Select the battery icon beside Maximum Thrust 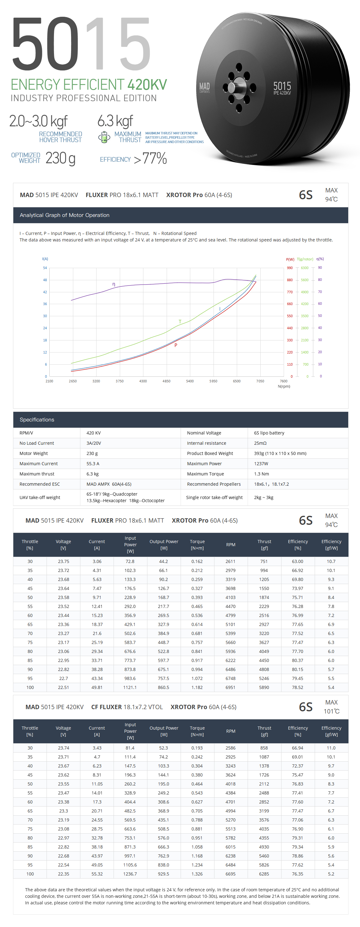pyautogui.click(x=104, y=137)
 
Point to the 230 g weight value pyautogui.click(x=60, y=158)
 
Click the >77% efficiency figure pyautogui.click(x=151, y=158)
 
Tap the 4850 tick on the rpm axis pyautogui.click(x=166, y=381)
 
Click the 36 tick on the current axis pyautogui.click(x=45, y=304)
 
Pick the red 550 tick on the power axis pyautogui.click(x=290, y=316)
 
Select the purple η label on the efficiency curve pyautogui.click(x=114, y=284)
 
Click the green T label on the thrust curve pyautogui.click(x=180, y=321)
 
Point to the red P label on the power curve pyautogui.click(x=176, y=345)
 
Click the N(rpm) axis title pyautogui.click(x=284, y=386)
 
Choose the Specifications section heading pyautogui.click(x=37, y=420)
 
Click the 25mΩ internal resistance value pyautogui.click(x=260, y=443)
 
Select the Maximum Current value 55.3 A pyautogui.click(x=93, y=464)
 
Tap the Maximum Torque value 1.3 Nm pyautogui.click(x=261, y=474)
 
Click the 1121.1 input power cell pyautogui.click(x=130, y=687)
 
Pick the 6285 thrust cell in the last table pyautogui.click(x=264, y=874)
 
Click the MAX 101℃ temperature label pyautogui.click(x=331, y=707)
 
